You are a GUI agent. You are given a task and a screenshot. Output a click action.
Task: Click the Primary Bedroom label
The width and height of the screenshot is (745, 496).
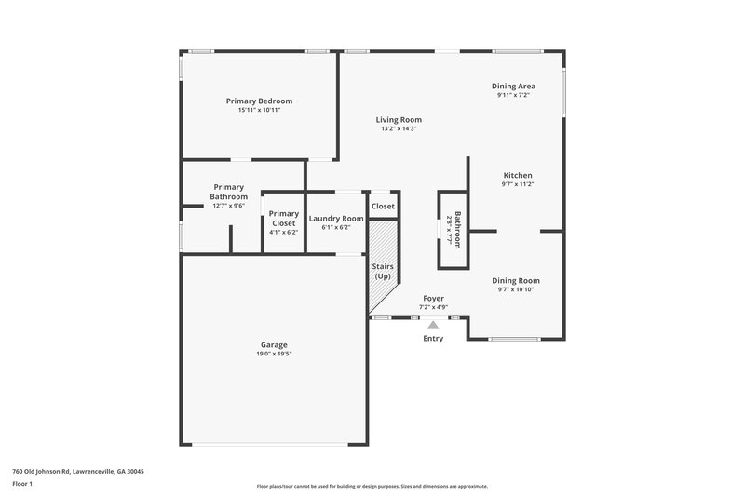[x=259, y=101]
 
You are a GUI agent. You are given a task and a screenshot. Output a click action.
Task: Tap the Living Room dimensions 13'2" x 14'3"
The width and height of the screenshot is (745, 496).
[x=399, y=129]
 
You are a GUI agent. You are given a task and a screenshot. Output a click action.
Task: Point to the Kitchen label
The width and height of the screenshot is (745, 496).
[x=517, y=175]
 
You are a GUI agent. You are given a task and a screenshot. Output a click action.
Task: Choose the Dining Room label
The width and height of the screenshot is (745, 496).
[x=516, y=280]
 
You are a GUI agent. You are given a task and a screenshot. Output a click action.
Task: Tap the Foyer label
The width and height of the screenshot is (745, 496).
[x=433, y=298]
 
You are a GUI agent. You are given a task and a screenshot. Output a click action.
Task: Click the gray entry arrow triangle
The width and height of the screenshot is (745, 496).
[x=433, y=325]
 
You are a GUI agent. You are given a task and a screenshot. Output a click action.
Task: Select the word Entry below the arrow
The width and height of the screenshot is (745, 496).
[x=433, y=338]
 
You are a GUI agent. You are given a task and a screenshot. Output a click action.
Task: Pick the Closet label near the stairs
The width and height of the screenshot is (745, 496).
[x=383, y=206]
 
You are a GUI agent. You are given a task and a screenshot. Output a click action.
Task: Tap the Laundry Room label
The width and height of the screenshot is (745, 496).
[x=335, y=218]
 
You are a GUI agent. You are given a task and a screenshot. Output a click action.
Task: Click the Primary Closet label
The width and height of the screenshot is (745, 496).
[x=284, y=219]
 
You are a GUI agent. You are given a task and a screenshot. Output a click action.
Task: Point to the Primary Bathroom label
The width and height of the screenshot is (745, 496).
[x=228, y=192]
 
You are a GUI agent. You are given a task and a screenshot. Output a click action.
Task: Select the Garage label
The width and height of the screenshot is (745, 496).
[x=274, y=344]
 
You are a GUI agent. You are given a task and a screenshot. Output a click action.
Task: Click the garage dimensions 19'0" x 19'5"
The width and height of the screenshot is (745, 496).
[x=274, y=354]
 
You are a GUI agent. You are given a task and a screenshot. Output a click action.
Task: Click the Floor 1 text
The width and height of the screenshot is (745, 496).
[x=23, y=485]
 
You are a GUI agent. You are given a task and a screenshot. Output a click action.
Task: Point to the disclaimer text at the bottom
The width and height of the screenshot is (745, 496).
[x=372, y=486]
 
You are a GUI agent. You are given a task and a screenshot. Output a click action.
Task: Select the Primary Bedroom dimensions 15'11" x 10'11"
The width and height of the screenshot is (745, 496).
[x=259, y=110]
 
